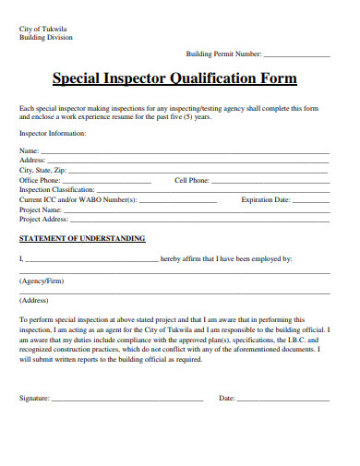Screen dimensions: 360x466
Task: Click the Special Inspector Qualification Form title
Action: pyautogui.click(x=174, y=78)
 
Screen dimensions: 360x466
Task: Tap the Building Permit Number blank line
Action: pyautogui.click(x=296, y=56)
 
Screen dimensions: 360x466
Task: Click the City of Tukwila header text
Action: pyautogui.click(x=45, y=29)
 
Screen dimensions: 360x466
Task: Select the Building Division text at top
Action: pyautogui.click(x=46, y=38)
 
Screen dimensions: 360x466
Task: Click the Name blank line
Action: pyautogui.click(x=185, y=152)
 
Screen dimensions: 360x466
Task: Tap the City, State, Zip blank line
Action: pyautogui.click(x=198, y=172)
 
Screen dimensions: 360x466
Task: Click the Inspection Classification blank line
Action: pyautogui.click(x=212, y=191)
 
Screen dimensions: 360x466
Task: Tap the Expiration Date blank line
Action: pyautogui.click(x=311, y=200)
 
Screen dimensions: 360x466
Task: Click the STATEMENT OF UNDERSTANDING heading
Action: pyautogui.click(x=82, y=239)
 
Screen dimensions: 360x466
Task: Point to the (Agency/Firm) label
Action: pyautogui.click(x=42, y=281)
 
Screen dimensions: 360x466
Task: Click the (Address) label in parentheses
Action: pyautogui.click(x=34, y=301)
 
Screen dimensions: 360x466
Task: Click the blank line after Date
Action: pyautogui.click(x=283, y=400)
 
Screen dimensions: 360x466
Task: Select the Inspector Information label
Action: pyautogui.click(x=53, y=134)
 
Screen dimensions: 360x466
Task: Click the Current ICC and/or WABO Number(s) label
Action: pyautogui.click(x=78, y=200)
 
